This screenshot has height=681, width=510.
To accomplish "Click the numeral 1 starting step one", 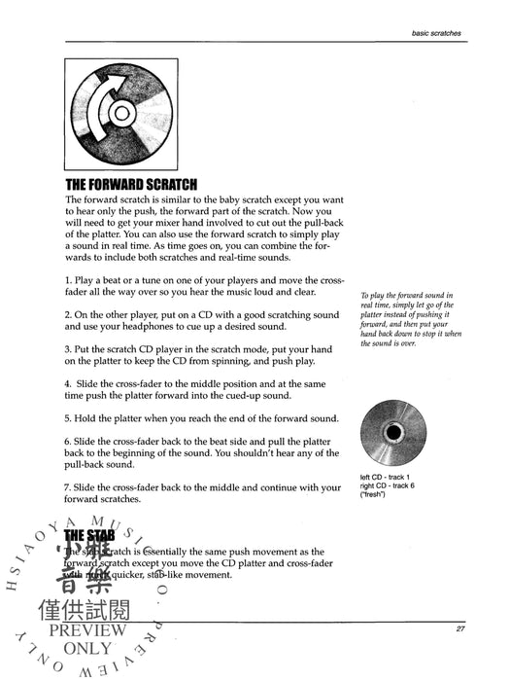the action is tap(69, 279).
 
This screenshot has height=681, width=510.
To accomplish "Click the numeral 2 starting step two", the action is tap(69, 314).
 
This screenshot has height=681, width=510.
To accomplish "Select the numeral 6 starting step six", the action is tap(69, 441).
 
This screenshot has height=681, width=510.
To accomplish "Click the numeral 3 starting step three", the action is tap(69, 349).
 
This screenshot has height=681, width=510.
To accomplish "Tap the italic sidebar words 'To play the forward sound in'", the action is tap(412, 296).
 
